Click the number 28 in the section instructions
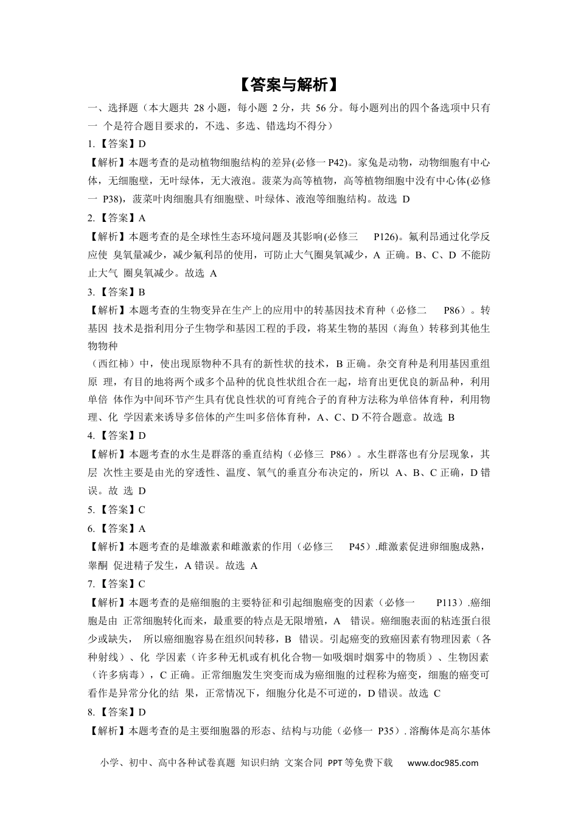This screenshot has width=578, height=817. (x=198, y=108)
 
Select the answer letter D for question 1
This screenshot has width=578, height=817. (x=142, y=144)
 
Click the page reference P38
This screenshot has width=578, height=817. (x=113, y=199)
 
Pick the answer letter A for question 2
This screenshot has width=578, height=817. (x=142, y=218)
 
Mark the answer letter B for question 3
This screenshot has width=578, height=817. (x=142, y=292)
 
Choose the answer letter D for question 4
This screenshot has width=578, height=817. (x=142, y=435)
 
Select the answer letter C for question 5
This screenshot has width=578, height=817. (x=142, y=509)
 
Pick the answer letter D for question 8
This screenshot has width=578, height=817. (x=142, y=712)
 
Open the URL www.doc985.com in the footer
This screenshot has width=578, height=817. (x=442, y=763)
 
